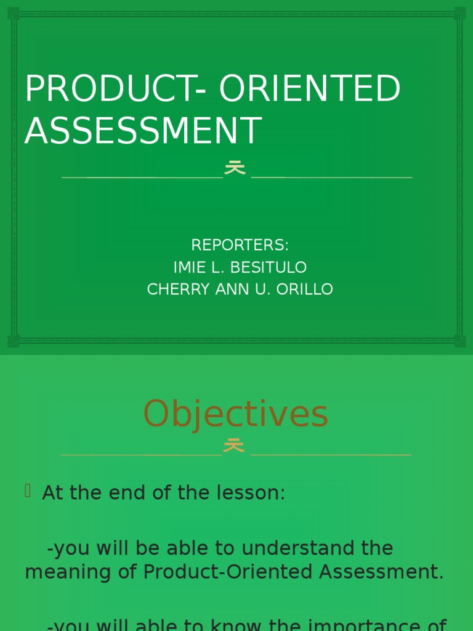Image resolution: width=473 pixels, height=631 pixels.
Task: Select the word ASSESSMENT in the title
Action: pyautogui.click(x=143, y=131)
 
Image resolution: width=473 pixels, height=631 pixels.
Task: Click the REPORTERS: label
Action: pyautogui.click(x=240, y=245)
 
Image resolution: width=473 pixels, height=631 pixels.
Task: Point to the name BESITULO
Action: pyautogui.click(x=270, y=267)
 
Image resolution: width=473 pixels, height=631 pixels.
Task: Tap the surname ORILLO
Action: pyautogui.click(x=303, y=290)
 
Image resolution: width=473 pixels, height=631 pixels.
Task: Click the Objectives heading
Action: pyautogui.click(x=236, y=414)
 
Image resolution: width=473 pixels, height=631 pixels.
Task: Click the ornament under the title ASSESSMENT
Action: pyautogui.click(x=235, y=168)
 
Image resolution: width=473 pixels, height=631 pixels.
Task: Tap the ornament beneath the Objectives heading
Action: pyautogui.click(x=233, y=446)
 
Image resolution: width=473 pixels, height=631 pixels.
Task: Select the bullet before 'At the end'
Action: pyautogui.click(x=28, y=491)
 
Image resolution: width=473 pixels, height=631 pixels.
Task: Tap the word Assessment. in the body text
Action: pyautogui.click(x=381, y=572)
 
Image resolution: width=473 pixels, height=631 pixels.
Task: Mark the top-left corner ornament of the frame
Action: pyautogui.click(x=14, y=13)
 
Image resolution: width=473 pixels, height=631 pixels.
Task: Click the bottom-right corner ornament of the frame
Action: pyautogui.click(x=459, y=341)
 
